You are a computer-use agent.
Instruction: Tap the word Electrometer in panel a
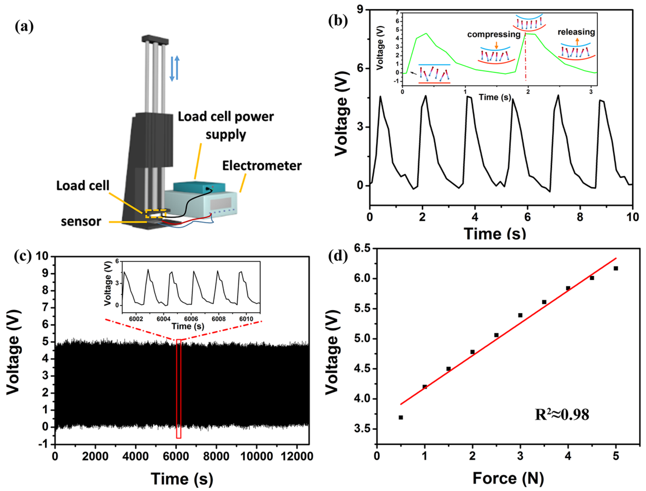262,166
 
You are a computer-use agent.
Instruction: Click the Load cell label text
83,186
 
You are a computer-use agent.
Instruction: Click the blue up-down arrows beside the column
175,69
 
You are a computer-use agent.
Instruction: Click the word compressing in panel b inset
494,34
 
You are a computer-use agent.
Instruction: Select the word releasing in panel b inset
576,32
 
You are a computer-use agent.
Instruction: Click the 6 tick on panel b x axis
527,217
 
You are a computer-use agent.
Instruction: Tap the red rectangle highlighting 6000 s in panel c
179,389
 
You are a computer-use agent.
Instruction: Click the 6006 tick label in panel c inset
191,319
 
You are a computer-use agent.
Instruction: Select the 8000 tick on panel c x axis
216,456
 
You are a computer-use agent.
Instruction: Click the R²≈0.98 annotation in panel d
561,414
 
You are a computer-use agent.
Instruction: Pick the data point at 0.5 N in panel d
401,417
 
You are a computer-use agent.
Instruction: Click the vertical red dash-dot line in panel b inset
525,58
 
